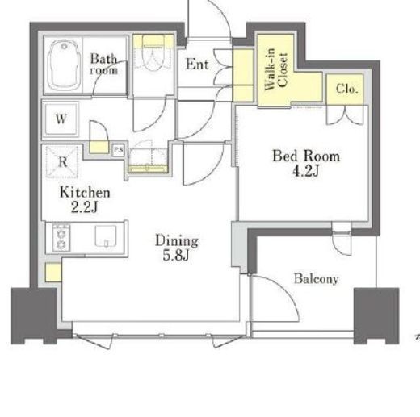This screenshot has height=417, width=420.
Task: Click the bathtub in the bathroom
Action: coord(64,65)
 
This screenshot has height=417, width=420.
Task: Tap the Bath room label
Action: coord(104,64)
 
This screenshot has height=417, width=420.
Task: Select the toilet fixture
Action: coord(153,53)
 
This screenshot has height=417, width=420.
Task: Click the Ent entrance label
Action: coord(197,65)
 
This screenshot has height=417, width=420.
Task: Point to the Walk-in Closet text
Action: coord(276,69)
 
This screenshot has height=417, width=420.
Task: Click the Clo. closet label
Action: coord(347,88)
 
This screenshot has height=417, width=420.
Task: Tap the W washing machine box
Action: coord(61,119)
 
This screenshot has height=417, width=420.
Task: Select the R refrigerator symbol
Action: coord(62,161)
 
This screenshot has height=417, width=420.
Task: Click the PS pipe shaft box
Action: coord(118,150)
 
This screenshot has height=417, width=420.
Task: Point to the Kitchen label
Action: coord(85,193)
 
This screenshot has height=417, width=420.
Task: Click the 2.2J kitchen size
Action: coord(84,207)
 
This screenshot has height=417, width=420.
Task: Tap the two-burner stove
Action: coord(61,238)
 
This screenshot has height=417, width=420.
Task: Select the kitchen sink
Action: coord(106,236)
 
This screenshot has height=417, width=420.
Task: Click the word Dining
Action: coord(177,240)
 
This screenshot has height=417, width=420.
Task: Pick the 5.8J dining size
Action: coord(175,255)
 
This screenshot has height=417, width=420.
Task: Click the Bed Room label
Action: coord(306,156)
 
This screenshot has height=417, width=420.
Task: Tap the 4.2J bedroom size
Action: coord(306,170)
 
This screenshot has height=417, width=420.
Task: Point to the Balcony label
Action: coord(316,279)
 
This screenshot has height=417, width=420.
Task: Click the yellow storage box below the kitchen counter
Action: coord(53,272)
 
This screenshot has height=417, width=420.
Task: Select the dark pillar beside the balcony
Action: coord(376,315)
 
